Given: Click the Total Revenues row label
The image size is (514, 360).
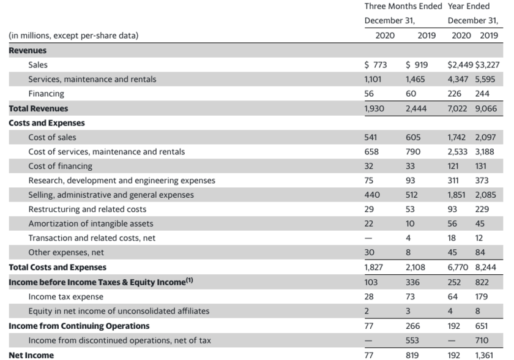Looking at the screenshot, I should tap(38, 108).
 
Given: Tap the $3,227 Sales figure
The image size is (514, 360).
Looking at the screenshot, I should tap(488, 64).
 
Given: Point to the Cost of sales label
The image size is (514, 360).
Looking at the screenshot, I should tap(52, 137).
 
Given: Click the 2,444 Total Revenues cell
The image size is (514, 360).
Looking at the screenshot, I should tap(416, 108).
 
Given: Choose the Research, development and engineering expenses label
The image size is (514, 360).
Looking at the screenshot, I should tap(121, 181).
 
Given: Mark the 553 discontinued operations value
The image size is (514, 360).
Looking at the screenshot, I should tap(412, 340).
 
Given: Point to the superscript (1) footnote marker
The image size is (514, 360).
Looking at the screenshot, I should tap(190, 280).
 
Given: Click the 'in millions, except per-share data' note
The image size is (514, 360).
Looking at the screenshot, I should tap(73, 36).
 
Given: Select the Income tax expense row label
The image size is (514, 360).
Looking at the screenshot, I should tap(65, 296).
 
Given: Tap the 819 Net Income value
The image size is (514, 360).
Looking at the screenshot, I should tap(412, 355).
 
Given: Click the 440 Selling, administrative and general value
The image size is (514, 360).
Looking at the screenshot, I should tap(372, 195).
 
